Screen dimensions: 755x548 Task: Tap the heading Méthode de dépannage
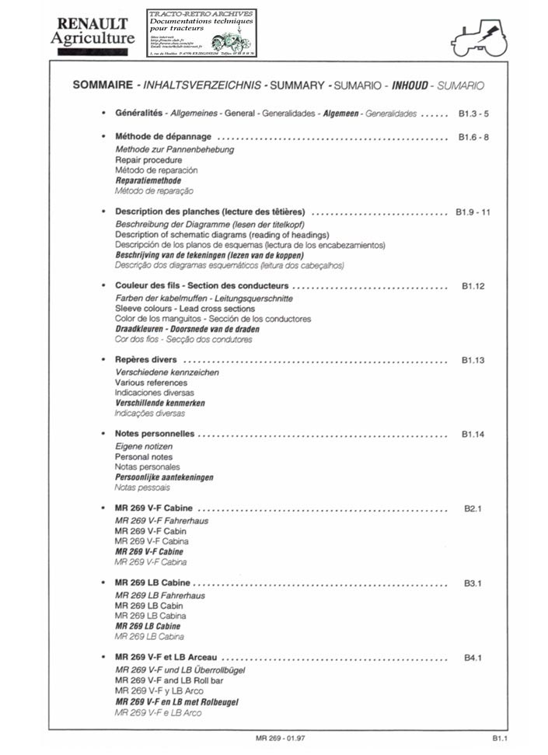(162, 137)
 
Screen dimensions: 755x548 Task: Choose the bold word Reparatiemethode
(148, 180)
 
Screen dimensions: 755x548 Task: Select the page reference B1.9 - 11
(473, 211)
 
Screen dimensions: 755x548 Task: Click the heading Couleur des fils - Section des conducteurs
(201, 286)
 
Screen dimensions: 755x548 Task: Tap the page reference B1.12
(473, 286)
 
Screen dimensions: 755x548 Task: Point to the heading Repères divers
(145, 361)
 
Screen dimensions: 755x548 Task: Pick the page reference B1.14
(473, 435)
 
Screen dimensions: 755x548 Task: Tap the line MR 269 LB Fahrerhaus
(161, 595)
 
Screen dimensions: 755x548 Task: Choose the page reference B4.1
(473, 658)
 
